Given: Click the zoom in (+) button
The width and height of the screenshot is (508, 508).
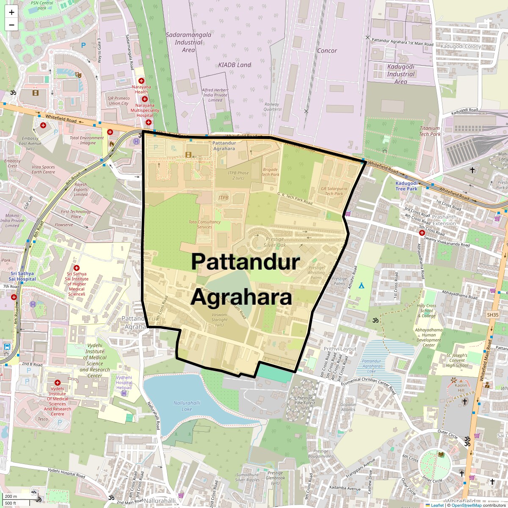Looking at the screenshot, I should [x=11, y=12].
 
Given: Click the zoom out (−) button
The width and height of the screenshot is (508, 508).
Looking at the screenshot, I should [x=11, y=25].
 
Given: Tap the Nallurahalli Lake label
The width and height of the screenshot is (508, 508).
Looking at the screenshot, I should [x=187, y=406].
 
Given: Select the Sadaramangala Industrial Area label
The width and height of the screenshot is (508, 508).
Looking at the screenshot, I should [x=188, y=42].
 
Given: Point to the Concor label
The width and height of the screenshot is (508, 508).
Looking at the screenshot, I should [x=327, y=51].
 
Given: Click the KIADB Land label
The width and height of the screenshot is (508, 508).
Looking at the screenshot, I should [x=235, y=65].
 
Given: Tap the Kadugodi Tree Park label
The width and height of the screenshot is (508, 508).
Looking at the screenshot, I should [x=406, y=186].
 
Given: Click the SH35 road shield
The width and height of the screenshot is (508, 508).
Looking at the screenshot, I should [x=493, y=315].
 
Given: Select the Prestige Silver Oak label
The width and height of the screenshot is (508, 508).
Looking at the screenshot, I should [x=275, y=242].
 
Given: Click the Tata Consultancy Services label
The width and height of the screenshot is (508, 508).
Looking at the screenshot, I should [x=204, y=224].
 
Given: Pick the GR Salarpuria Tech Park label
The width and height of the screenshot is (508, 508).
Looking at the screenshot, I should [x=334, y=191].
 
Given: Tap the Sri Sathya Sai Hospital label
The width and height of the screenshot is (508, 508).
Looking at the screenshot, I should [x=22, y=276].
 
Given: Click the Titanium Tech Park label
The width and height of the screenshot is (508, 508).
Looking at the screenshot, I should [x=430, y=131].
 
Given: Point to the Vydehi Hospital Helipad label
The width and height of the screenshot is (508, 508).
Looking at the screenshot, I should [x=124, y=382].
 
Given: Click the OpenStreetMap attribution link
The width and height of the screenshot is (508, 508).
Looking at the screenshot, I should [x=466, y=505].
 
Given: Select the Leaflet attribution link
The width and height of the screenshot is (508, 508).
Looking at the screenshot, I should [x=437, y=505].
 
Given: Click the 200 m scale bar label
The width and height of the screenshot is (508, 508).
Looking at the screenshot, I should [x=11, y=496].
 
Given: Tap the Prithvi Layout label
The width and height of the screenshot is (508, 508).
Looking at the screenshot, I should [x=340, y=349].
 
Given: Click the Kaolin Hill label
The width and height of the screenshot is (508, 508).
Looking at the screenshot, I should [x=461, y=388].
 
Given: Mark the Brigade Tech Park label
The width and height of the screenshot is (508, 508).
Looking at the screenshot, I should [x=270, y=172].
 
